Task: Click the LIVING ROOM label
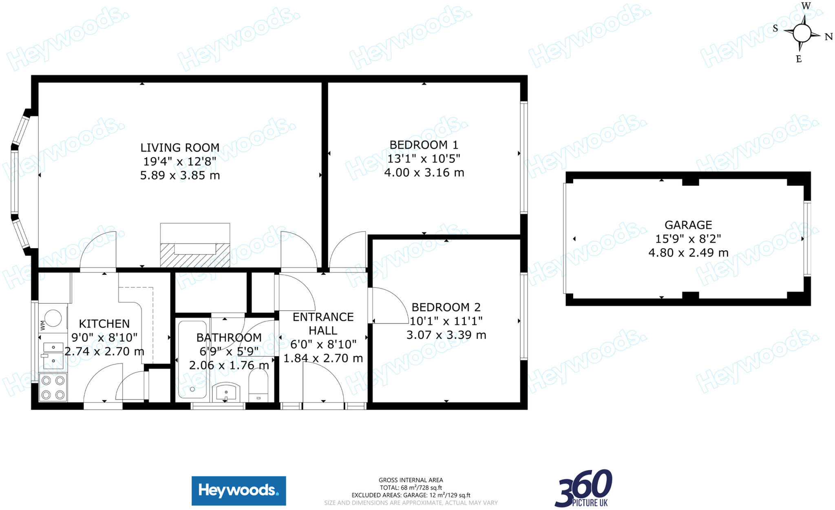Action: coord(179,148)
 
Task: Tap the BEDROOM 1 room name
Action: coord(424,145)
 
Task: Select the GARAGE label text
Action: coord(688,225)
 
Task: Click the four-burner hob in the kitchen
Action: coord(53,387)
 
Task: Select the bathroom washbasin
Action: coord(226,392)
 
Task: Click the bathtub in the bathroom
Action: coord(192,359)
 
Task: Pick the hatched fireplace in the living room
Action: coord(195,255)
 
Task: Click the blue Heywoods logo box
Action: coord(239,490)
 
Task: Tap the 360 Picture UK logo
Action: coord(583,488)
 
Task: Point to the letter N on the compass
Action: coord(828,37)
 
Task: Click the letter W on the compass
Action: coord(806,6)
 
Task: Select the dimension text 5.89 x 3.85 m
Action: coord(180,176)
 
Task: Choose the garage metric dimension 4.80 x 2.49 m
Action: coord(688,253)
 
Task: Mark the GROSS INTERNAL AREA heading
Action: coord(411,480)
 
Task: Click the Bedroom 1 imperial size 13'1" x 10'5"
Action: coord(424,159)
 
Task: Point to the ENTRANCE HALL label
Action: coord(323,324)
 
